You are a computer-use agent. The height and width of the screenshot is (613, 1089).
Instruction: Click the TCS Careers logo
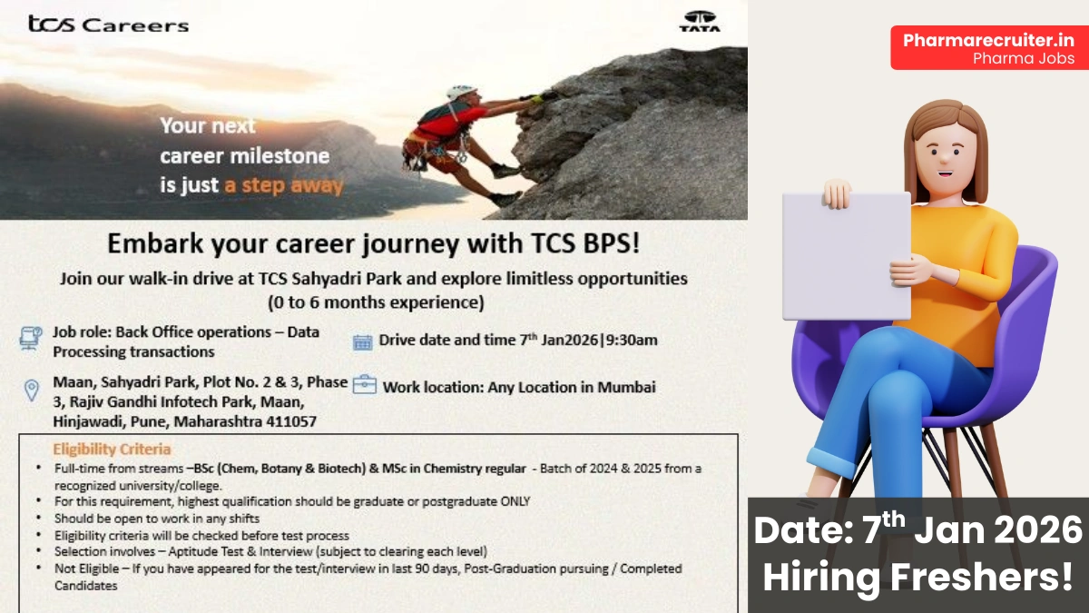[x=108, y=24]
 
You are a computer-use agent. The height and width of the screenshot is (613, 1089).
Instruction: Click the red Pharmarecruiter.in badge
[x=988, y=47]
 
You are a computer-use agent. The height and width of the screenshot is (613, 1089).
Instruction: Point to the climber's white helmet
[x=461, y=92]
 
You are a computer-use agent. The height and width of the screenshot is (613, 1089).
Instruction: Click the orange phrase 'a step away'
[x=284, y=185]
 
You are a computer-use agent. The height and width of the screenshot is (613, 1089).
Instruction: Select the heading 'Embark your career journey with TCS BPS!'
[x=373, y=244]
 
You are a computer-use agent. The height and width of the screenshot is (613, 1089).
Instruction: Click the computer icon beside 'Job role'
[x=31, y=339]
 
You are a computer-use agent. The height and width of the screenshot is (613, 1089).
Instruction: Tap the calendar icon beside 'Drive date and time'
[x=363, y=341]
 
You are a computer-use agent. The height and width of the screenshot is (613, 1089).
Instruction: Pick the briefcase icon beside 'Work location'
[x=364, y=385]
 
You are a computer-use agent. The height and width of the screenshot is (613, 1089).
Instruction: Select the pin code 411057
[x=290, y=421]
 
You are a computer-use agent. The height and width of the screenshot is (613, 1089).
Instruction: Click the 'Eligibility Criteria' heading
[x=112, y=449]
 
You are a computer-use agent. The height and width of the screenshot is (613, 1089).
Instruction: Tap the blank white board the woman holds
[x=846, y=256]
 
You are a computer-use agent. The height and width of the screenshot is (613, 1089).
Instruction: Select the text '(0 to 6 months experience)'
[x=374, y=302]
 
